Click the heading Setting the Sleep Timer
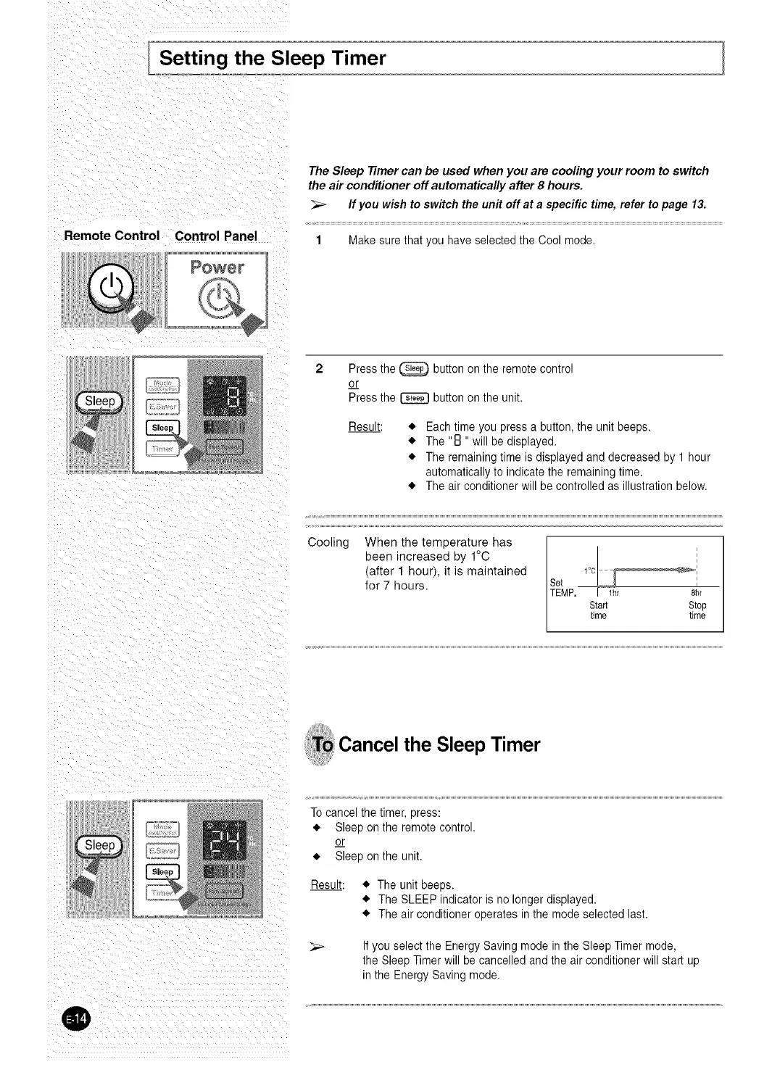pos(273,57)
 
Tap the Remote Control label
pos(112,236)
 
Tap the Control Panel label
pos(216,236)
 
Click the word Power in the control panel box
pos(217,267)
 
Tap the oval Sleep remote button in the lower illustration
pos(101,845)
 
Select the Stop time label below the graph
pos(697,610)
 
